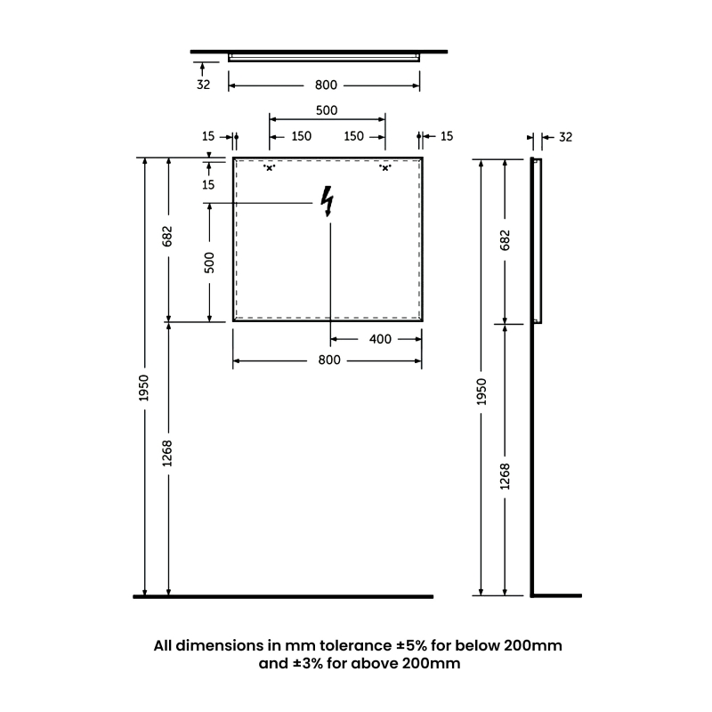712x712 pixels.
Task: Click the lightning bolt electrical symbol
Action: click(328, 202)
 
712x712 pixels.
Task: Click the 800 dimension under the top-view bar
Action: click(326, 85)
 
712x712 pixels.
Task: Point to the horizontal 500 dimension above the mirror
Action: click(327, 110)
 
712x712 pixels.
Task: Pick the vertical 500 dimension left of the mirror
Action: click(210, 263)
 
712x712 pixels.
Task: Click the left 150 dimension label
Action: click(301, 136)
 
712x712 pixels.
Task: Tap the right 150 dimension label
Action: click(353, 136)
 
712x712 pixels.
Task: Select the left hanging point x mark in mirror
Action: click(269, 167)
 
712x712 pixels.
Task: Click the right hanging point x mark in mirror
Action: click(385, 167)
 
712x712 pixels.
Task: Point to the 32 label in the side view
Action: click(564, 137)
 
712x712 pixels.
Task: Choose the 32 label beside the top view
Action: click(203, 85)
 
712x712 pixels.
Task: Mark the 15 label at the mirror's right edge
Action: click(446, 136)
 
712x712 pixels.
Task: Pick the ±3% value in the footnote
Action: click(303, 664)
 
